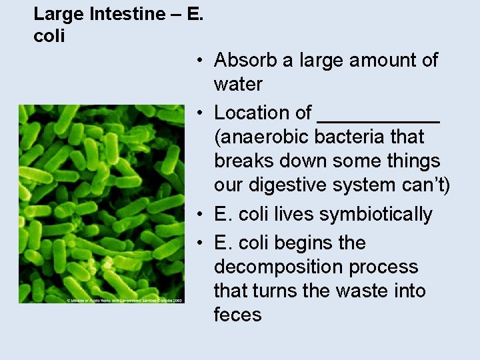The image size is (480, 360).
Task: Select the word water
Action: [238, 84]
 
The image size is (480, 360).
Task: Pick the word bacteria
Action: [351, 137]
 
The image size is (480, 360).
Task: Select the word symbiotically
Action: [377, 215]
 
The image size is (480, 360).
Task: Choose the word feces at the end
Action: [238, 315]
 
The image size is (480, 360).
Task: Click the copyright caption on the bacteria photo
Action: [125, 300]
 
